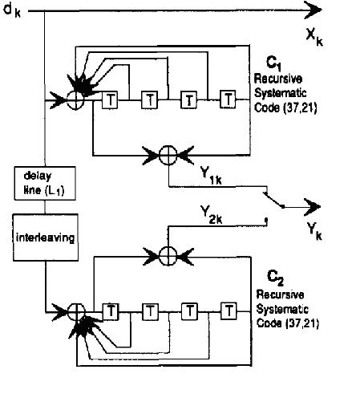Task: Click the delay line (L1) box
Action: click(45, 183)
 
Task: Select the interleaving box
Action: click(46, 237)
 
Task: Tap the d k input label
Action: click(12, 10)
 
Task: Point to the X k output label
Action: click(314, 38)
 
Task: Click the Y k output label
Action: click(314, 232)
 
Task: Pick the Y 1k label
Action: click(211, 176)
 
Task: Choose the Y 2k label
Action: click(211, 214)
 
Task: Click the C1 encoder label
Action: click(273, 63)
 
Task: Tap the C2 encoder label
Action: click(275, 278)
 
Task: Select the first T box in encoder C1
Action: click(110, 100)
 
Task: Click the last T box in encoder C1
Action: click(228, 99)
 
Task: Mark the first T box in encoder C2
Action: click(111, 311)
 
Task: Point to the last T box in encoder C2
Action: click(229, 311)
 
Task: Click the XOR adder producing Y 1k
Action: click(168, 155)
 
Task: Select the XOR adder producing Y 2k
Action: click(168, 256)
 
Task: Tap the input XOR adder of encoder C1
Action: click(75, 100)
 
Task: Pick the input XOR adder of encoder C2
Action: click(76, 312)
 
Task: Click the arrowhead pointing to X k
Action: click(313, 10)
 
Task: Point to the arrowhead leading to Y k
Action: click(312, 207)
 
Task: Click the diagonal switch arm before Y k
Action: click(273, 200)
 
